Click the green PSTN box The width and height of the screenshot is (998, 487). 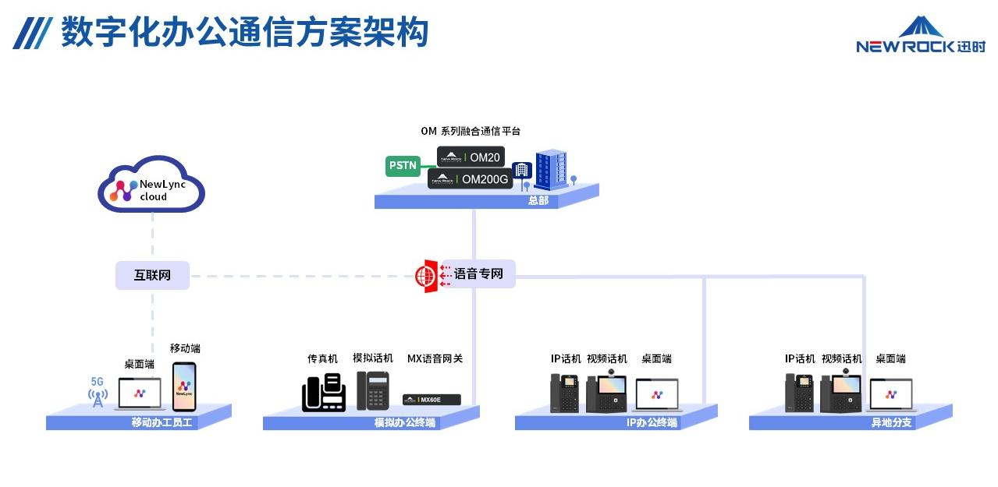(x=403, y=165)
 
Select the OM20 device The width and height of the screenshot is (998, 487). (x=471, y=157)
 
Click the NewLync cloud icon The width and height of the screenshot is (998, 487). (x=151, y=186)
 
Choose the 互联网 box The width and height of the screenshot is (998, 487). (x=152, y=275)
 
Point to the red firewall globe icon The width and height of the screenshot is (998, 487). (x=426, y=276)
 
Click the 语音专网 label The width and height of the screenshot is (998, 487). (x=478, y=274)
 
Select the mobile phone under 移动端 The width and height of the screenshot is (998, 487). (x=183, y=386)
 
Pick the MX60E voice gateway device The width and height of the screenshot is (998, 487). (x=432, y=400)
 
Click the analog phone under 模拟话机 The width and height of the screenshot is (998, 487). (x=372, y=390)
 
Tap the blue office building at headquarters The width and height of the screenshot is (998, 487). (x=550, y=171)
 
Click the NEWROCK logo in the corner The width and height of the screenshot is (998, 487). (x=920, y=36)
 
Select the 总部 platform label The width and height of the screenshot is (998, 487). (x=538, y=201)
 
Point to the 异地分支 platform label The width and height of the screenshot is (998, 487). (x=891, y=423)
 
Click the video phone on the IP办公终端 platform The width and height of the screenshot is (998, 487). (x=606, y=393)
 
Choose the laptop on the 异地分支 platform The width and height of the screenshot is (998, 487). (x=891, y=395)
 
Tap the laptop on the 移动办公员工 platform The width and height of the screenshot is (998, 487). (x=139, y=394)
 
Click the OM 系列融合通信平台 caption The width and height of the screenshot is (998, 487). (x=471, y=131)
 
